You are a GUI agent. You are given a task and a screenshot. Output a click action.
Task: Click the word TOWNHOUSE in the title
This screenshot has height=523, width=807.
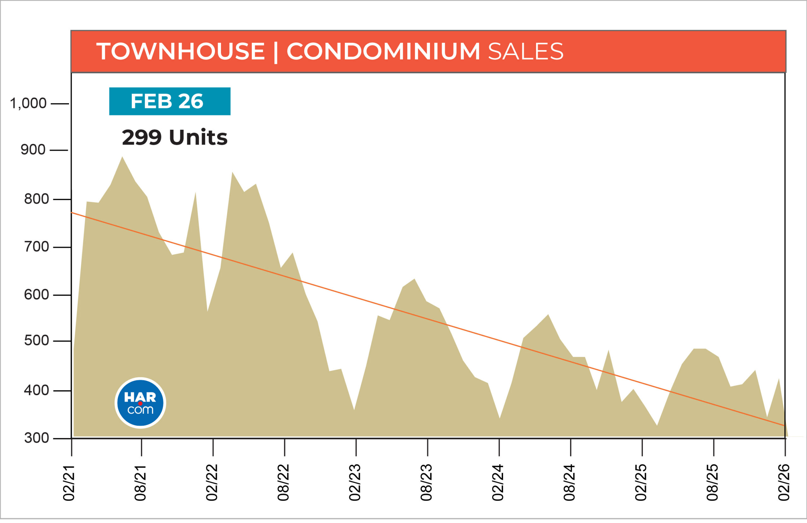[180, 52]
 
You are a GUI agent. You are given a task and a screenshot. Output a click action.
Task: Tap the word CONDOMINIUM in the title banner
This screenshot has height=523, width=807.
[383, 52]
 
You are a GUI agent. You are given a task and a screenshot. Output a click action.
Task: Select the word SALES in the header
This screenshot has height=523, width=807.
[525, 52]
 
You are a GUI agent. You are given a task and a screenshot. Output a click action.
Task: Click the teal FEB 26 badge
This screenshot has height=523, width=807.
[170, 101]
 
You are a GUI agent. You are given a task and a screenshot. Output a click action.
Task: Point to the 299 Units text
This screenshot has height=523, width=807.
[174, 138]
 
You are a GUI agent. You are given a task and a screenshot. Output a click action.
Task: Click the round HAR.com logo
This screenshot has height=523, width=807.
[140, 403]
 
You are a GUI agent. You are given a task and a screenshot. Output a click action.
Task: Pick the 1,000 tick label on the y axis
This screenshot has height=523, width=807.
[28, 103]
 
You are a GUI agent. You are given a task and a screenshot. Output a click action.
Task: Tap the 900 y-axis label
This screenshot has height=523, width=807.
[33, 150]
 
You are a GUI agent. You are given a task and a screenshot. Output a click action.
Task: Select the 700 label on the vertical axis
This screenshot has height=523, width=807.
[36, 247]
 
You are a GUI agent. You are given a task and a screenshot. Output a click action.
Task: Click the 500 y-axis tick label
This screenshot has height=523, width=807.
[36, 340]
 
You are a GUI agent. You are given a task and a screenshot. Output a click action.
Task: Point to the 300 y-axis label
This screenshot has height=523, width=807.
[36, 438]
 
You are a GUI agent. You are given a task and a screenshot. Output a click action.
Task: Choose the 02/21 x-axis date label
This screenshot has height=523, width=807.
[69, 483]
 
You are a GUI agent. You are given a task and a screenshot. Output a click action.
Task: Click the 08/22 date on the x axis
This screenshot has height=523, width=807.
[283, 483]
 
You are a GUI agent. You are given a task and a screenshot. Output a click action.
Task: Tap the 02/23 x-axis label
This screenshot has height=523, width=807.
[355, 483]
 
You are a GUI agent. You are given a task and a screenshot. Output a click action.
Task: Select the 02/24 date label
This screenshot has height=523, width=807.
[498, 483]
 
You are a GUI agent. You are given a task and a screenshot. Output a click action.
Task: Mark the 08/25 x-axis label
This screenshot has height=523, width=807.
[712, 483]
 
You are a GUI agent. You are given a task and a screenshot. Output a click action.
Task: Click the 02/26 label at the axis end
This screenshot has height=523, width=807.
[784, 483]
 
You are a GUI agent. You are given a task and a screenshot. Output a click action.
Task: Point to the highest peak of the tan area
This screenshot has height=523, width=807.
[122, 157]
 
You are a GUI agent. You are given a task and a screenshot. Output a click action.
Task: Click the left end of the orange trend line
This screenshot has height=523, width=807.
[72, 213]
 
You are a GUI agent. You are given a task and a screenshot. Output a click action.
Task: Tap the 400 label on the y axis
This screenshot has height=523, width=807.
[36, 390]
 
